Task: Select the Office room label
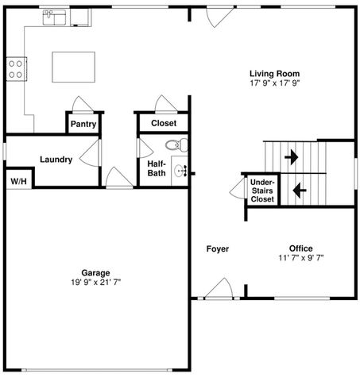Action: point(300,248)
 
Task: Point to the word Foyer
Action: point(218,249)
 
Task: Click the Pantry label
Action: point(83,124)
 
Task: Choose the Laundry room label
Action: point(56,160)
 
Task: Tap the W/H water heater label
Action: point(17,181)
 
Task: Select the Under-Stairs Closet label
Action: point(262,190)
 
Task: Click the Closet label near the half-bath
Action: point(164,123)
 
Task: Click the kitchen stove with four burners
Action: point(16,69)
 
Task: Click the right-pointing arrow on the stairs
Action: point(292,156)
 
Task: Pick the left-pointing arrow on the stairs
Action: point(300,190)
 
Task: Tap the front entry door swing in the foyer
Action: point(217,289)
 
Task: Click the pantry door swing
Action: point(82,104)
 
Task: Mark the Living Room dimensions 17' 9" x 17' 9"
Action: point(275,83)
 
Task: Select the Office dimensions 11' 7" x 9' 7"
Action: point(300,257)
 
